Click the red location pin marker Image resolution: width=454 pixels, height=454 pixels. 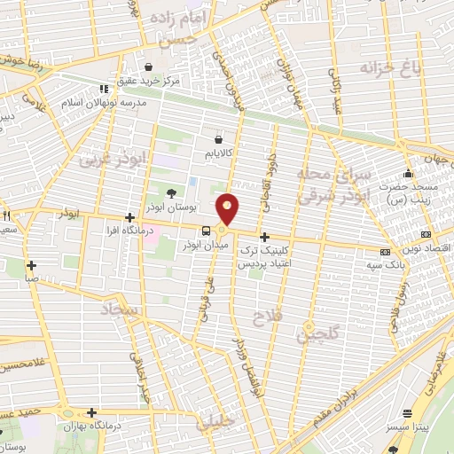click(229, 208)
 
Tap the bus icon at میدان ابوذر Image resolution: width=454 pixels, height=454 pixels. click(206, 231)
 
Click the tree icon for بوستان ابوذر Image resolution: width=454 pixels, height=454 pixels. click(172, 193)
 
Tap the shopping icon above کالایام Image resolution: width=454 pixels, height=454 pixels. click(218, 138)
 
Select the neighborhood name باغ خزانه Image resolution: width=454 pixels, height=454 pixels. click(389, 67)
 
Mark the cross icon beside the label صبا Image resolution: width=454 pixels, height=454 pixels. click(32, 264)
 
